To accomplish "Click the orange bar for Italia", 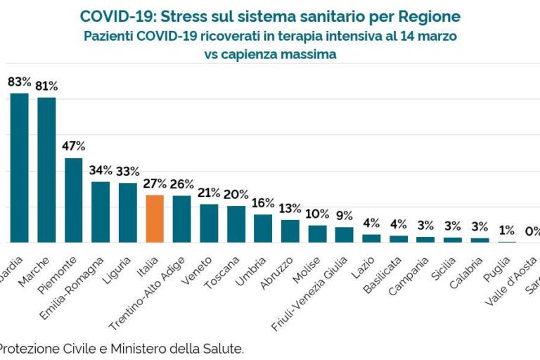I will click(155, 219).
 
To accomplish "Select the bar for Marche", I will click(46, 170).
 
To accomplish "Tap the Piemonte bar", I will click(74, 200).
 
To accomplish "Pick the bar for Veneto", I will click(209, 224).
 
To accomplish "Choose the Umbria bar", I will click(263, 229).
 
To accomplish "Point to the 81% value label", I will click(46, 86).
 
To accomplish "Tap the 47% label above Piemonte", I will click(74, 146).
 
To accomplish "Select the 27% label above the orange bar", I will click(155, 184).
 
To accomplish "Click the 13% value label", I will click(290, 209).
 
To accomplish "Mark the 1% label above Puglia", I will click(507, 230).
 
